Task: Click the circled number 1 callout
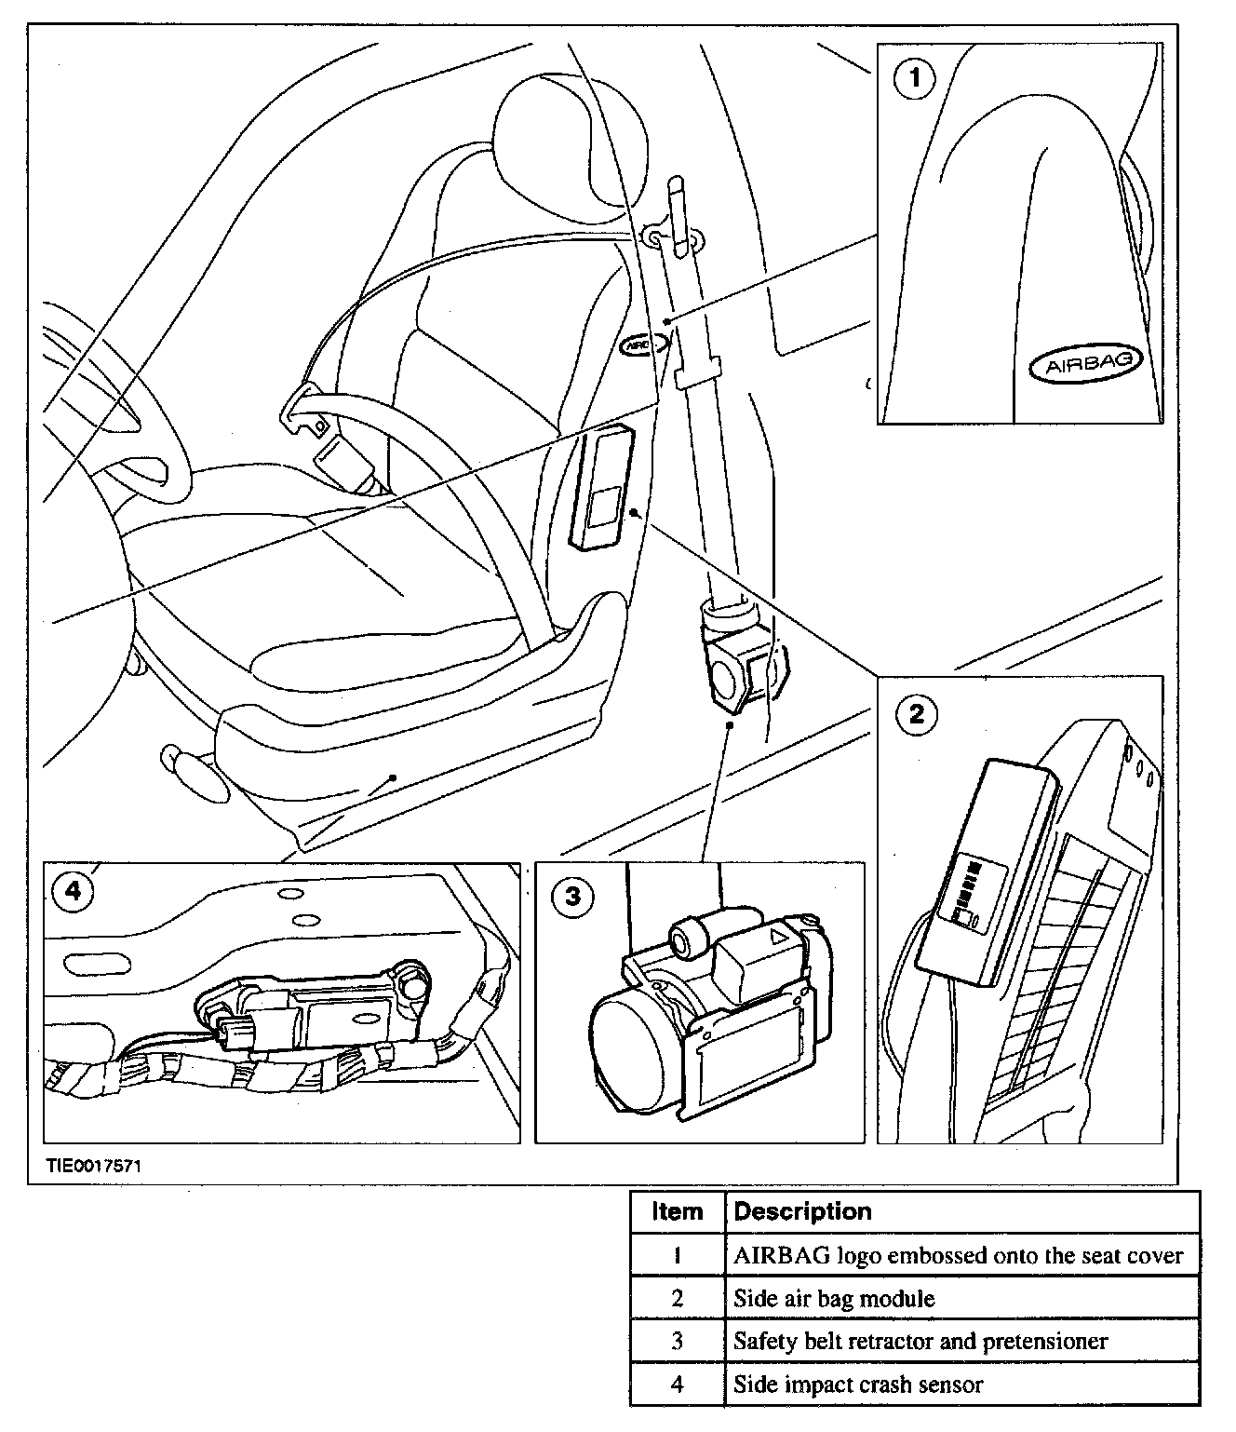(x=914, y=79)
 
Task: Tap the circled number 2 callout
(x=917, y=714)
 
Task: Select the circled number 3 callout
(x=573, y=897)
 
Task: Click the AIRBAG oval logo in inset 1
(x=1084, y=364)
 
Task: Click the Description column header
(x=802, y=1211)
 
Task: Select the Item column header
(x=677, y=1211)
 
